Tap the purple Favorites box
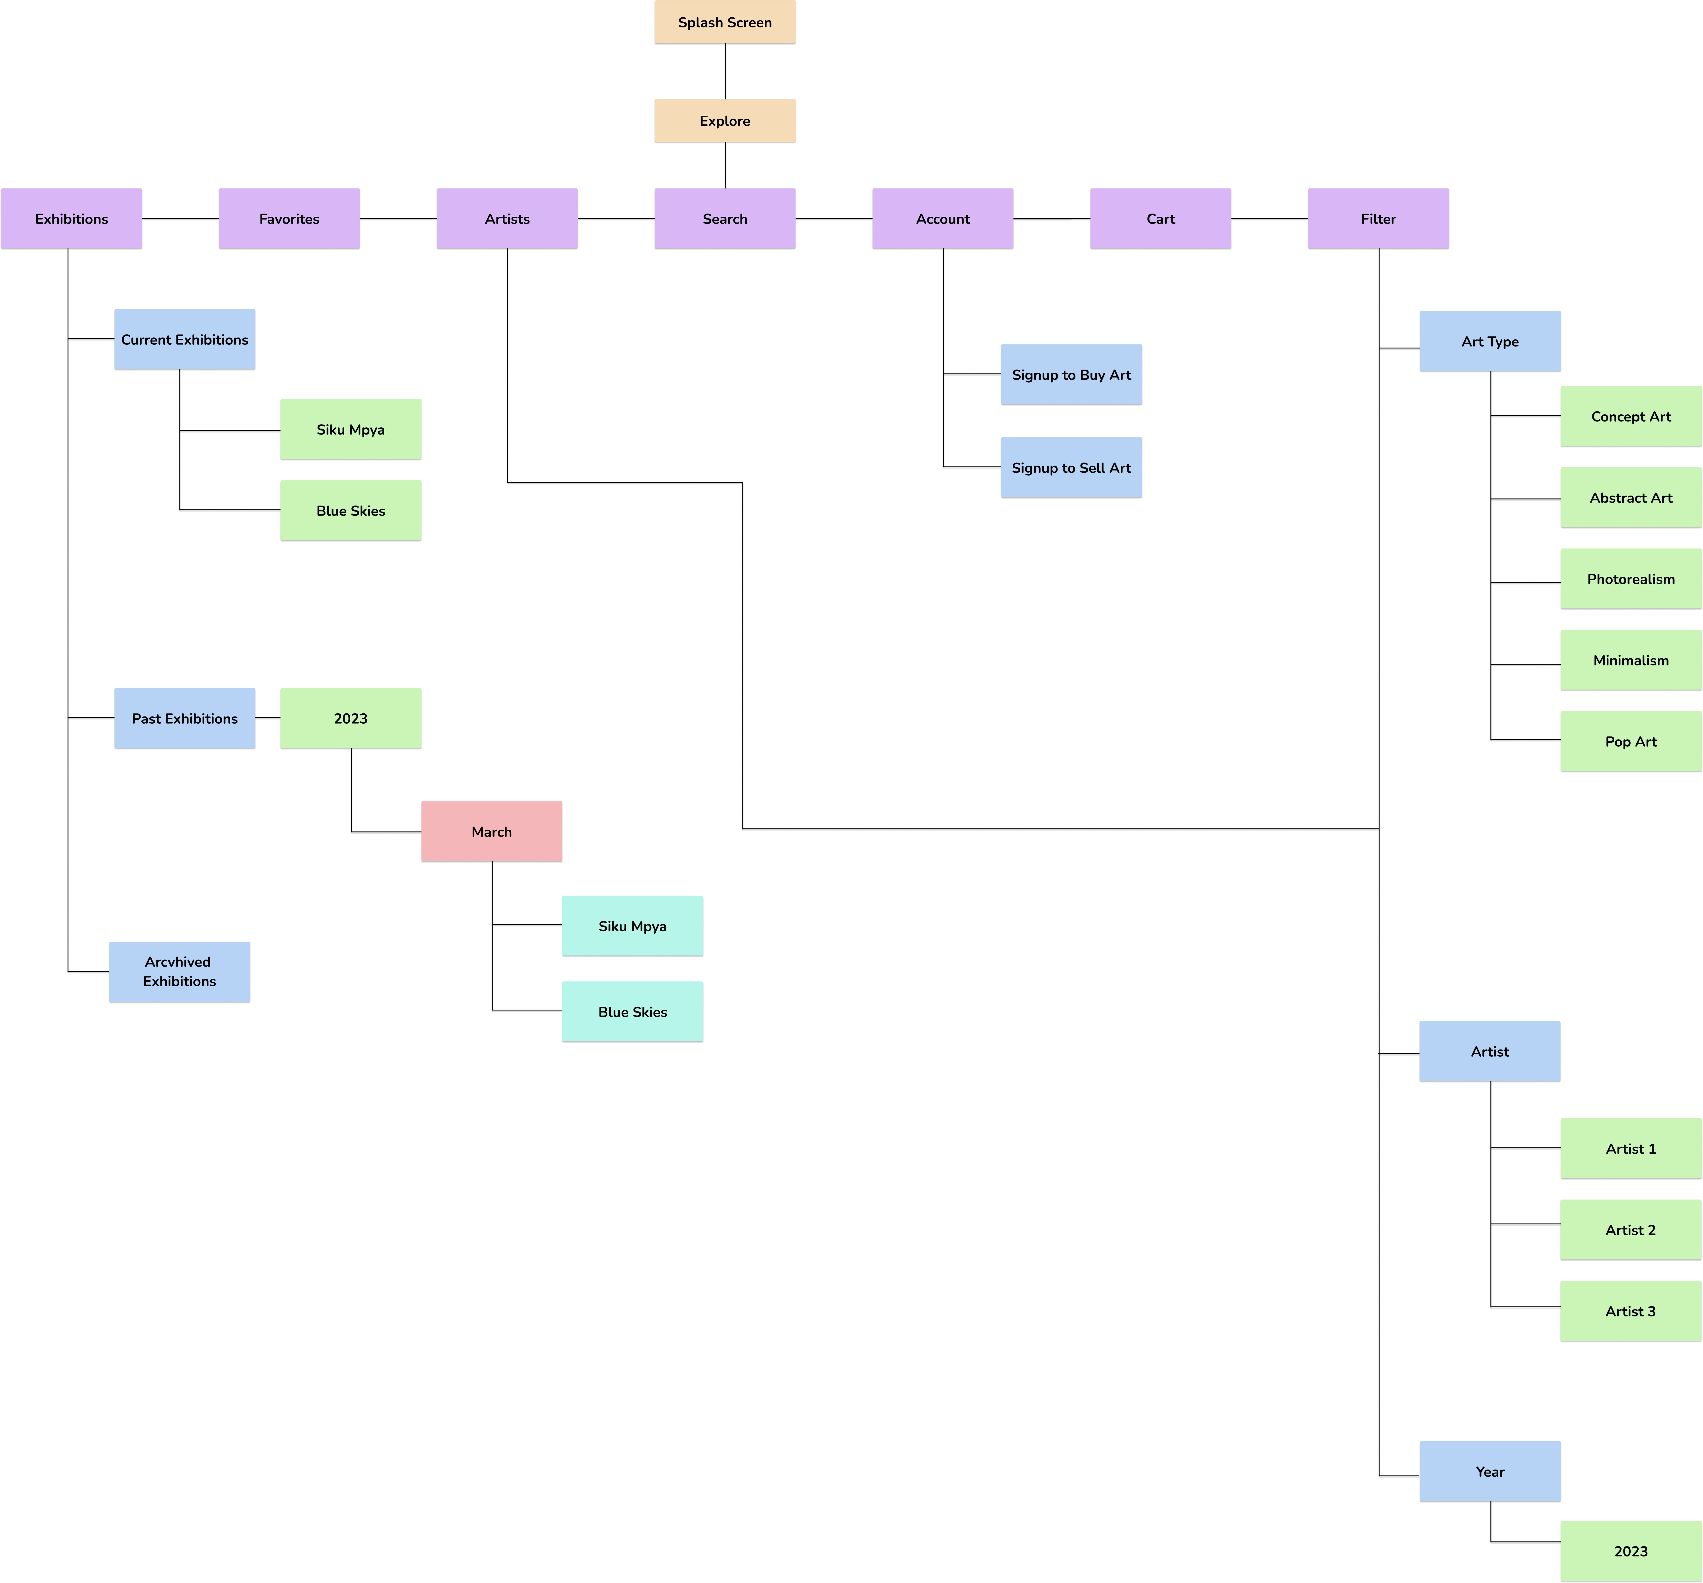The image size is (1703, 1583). (x=289, y=219)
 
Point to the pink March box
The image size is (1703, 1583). (x=491, y=832)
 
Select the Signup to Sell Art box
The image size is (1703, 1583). (x=1071, y=468)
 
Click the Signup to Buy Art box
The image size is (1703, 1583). (x=1071, y=375)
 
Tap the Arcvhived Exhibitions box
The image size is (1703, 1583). (x=180, y=971)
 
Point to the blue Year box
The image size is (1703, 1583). (x=1490, y=1472)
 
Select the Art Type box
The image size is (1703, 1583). (x=1490, y=342)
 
